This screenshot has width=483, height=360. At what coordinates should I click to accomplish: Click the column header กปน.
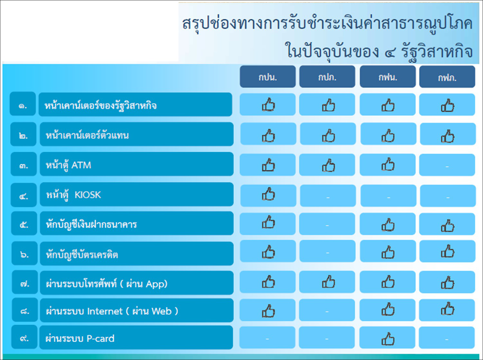(268, 77)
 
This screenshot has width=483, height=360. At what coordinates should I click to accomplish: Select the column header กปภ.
(327, 77)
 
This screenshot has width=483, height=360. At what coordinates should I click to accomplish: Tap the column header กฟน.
(388, 77)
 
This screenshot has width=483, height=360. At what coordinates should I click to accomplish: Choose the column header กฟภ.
(447, 77)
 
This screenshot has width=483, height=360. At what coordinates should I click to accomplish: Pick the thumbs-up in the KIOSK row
(268, 194)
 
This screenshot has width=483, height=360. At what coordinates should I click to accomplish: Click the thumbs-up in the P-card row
(388, 339)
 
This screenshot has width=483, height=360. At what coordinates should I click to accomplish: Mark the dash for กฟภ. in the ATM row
(447, 167)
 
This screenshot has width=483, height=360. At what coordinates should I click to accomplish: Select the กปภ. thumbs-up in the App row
(328, 282)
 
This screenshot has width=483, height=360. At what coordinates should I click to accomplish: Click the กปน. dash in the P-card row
(267, 339)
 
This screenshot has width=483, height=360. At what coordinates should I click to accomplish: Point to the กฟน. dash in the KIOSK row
(388, 197)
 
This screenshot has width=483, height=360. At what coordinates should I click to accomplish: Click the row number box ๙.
(24, 338)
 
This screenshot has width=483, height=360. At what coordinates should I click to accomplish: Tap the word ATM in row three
(81, 165)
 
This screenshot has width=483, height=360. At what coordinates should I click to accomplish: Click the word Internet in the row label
(105, 311)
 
